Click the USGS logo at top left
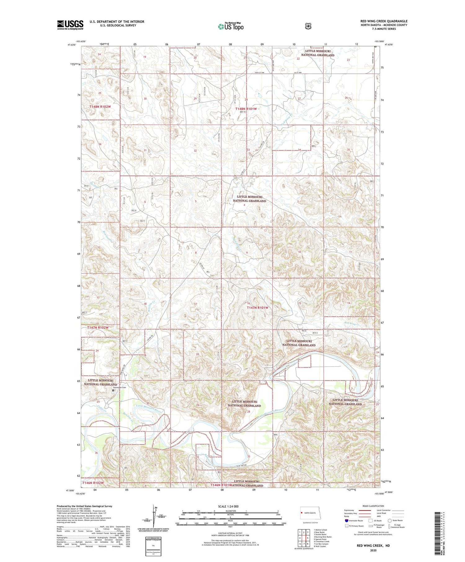point(70,25)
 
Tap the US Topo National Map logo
point(230,26)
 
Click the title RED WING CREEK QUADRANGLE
point(384,21)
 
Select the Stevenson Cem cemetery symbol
point(113,391)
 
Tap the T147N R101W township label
point(257,308)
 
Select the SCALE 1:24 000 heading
point(230,506)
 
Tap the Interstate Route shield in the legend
point(347,520)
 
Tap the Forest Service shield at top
point(308,26)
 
